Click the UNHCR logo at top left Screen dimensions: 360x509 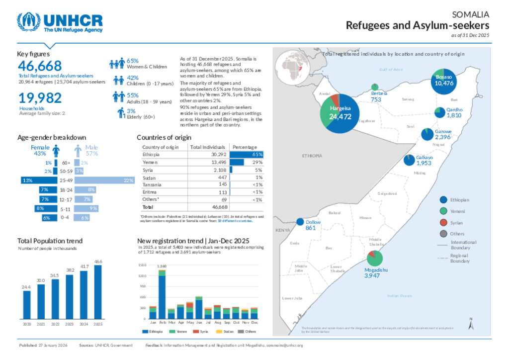(x=60, y=22)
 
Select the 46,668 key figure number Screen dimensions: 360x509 (x=40, y=66)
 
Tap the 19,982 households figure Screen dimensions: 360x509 (x=40, y=98)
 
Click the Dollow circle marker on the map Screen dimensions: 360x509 (x=300, y=222)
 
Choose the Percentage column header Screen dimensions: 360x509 (x=245, y=147)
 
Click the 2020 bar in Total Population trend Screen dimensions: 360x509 (x=26, y=304)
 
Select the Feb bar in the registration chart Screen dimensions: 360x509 (x=162, y=296)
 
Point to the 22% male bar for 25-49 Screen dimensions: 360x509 (x=104, y=180)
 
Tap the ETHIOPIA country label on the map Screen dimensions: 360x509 (x=312, y=156)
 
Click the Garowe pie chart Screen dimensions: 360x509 (x=426, y=133)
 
